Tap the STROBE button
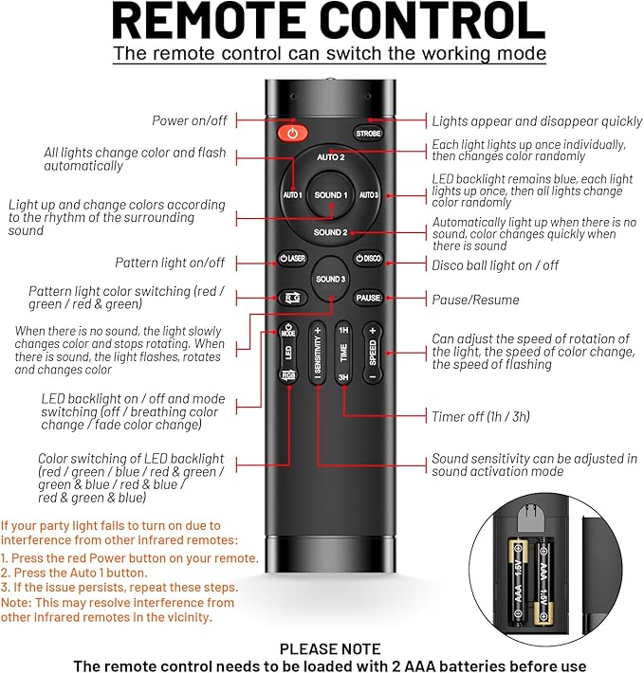(368, 134)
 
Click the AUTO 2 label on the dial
(331, 157)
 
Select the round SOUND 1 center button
(331, 195)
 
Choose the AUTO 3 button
(369, 195)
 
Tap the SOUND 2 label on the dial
(330, 232)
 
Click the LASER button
(292, 259)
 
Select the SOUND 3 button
(331, 279)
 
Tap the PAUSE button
(368, 298)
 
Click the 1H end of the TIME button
(343, 330)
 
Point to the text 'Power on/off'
(190, 120)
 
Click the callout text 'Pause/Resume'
(475, 300)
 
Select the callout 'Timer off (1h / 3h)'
(481, 416)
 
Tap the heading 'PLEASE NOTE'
(330, 648)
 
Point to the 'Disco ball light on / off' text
(495, 265)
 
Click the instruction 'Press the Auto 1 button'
(74, 573)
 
